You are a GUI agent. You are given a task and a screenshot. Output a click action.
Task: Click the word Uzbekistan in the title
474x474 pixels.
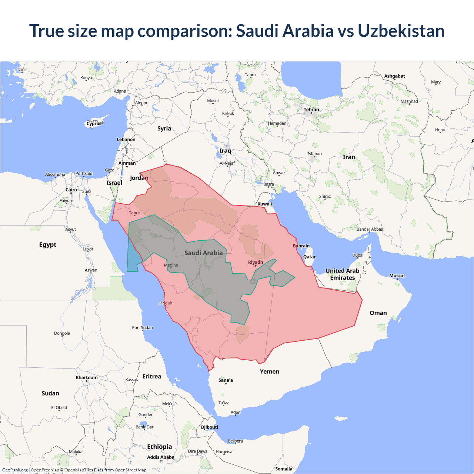coord(401,31)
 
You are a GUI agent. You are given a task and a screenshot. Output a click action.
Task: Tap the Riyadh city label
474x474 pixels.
coord(256,262)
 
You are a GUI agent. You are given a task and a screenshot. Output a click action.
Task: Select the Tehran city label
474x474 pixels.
coord(311,110)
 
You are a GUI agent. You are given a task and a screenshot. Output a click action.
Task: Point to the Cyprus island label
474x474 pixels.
coord(94,124)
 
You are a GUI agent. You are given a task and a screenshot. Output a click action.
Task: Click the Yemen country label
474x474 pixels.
coord(270,371)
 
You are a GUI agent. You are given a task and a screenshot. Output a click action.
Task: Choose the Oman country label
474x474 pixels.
coord(378,313)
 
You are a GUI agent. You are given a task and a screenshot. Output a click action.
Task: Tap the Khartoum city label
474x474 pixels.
coord(87,378)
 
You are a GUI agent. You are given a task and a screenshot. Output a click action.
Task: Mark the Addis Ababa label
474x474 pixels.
coord(160,457)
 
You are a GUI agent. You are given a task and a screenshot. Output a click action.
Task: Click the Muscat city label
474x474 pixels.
coord(397,276)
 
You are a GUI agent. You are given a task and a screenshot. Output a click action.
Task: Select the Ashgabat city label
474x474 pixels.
coord(394,76)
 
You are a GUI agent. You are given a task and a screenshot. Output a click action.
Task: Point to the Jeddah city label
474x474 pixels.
coord(166,303)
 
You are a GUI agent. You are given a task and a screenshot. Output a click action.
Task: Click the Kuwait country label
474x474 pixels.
coord(265,204)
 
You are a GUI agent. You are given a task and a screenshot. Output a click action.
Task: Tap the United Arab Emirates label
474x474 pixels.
coord(343,274)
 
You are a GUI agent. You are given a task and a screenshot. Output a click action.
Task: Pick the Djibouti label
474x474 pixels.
coord(210,427)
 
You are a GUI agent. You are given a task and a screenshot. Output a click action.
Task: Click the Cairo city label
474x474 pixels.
coord(71,190)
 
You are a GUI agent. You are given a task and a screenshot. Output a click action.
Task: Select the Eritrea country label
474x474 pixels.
coord(152,377)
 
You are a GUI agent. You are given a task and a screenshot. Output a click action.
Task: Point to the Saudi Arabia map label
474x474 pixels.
coord(204,253)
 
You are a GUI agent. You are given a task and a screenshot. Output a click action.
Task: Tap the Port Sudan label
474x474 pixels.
coord(142,328)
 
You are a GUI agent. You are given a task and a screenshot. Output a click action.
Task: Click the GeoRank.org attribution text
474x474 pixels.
coord(15,470)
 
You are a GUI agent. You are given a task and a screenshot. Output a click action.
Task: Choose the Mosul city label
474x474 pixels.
coord(213,101)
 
